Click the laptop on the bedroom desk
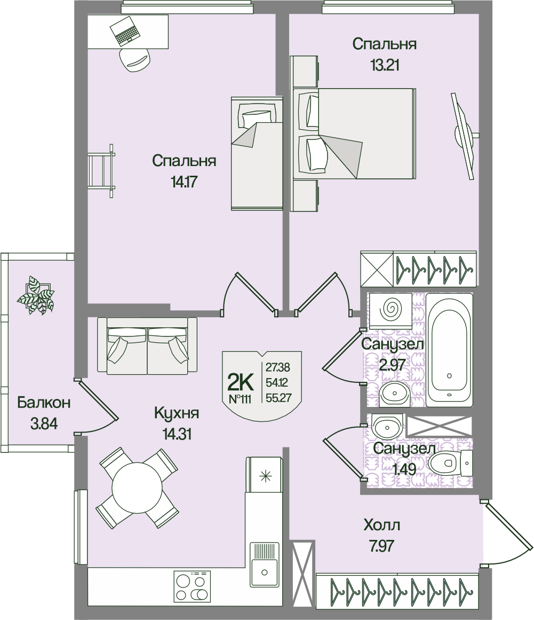click(127, 30)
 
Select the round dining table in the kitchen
click(137, 486)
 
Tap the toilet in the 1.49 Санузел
click(444, 462)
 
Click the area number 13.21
click(385, 66)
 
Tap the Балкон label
click(44, 403)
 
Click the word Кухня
click(177, 413)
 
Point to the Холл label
click(381, 525)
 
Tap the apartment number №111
click(242, 398)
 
